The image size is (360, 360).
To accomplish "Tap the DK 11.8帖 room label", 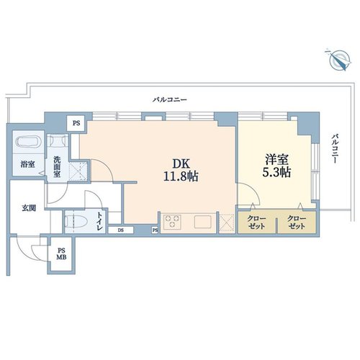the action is click(x=181, y=171).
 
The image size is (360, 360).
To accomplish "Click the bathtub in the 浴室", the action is click(x=27, y=141).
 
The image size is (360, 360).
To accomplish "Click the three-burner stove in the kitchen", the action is click(x=172, y=221).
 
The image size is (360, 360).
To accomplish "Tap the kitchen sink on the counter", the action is click(x=203, y=222).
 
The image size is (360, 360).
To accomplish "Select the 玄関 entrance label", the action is click(x=29, y=208).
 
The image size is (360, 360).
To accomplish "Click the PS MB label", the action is click(x=61, y=254).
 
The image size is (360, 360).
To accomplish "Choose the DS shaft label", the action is click(x=121, y=230).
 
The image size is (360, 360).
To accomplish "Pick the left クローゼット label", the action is click(x=256, y=222).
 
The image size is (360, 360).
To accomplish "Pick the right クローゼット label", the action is click(x=297, y=222).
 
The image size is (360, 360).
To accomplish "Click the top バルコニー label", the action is click(x=170, y=99).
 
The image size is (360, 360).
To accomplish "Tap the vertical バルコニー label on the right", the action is click(x=335, y=149).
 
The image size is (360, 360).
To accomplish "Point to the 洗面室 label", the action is click(x=57, y=167).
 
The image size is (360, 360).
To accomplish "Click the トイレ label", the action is click(x=100, y=221).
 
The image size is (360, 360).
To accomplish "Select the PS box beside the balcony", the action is click(x=76, y=123).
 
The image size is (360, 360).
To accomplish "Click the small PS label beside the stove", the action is click(x=156, y=230).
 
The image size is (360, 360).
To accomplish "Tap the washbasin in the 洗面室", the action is click(x=58, y=140).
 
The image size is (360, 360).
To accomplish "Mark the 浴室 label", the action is click(x=27, y=164).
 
